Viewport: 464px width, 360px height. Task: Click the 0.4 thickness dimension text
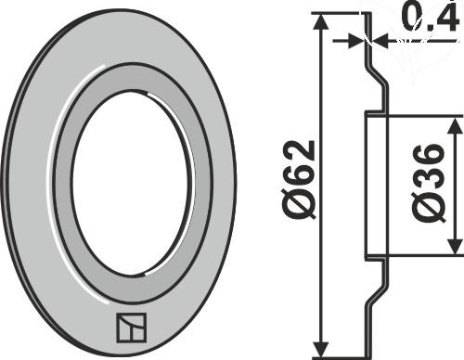pos(431,18)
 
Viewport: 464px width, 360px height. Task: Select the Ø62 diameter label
pos(300,180)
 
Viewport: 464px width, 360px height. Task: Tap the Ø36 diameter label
pos(430,183)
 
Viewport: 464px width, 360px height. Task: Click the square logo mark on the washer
pos(131,328)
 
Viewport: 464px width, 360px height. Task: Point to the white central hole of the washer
pos(130,183)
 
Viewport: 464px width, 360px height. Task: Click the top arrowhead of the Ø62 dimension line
pos(323,21)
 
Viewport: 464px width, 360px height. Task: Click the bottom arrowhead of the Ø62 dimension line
pos(323,350)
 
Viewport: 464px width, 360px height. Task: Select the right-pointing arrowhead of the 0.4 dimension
pos(355,41)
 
